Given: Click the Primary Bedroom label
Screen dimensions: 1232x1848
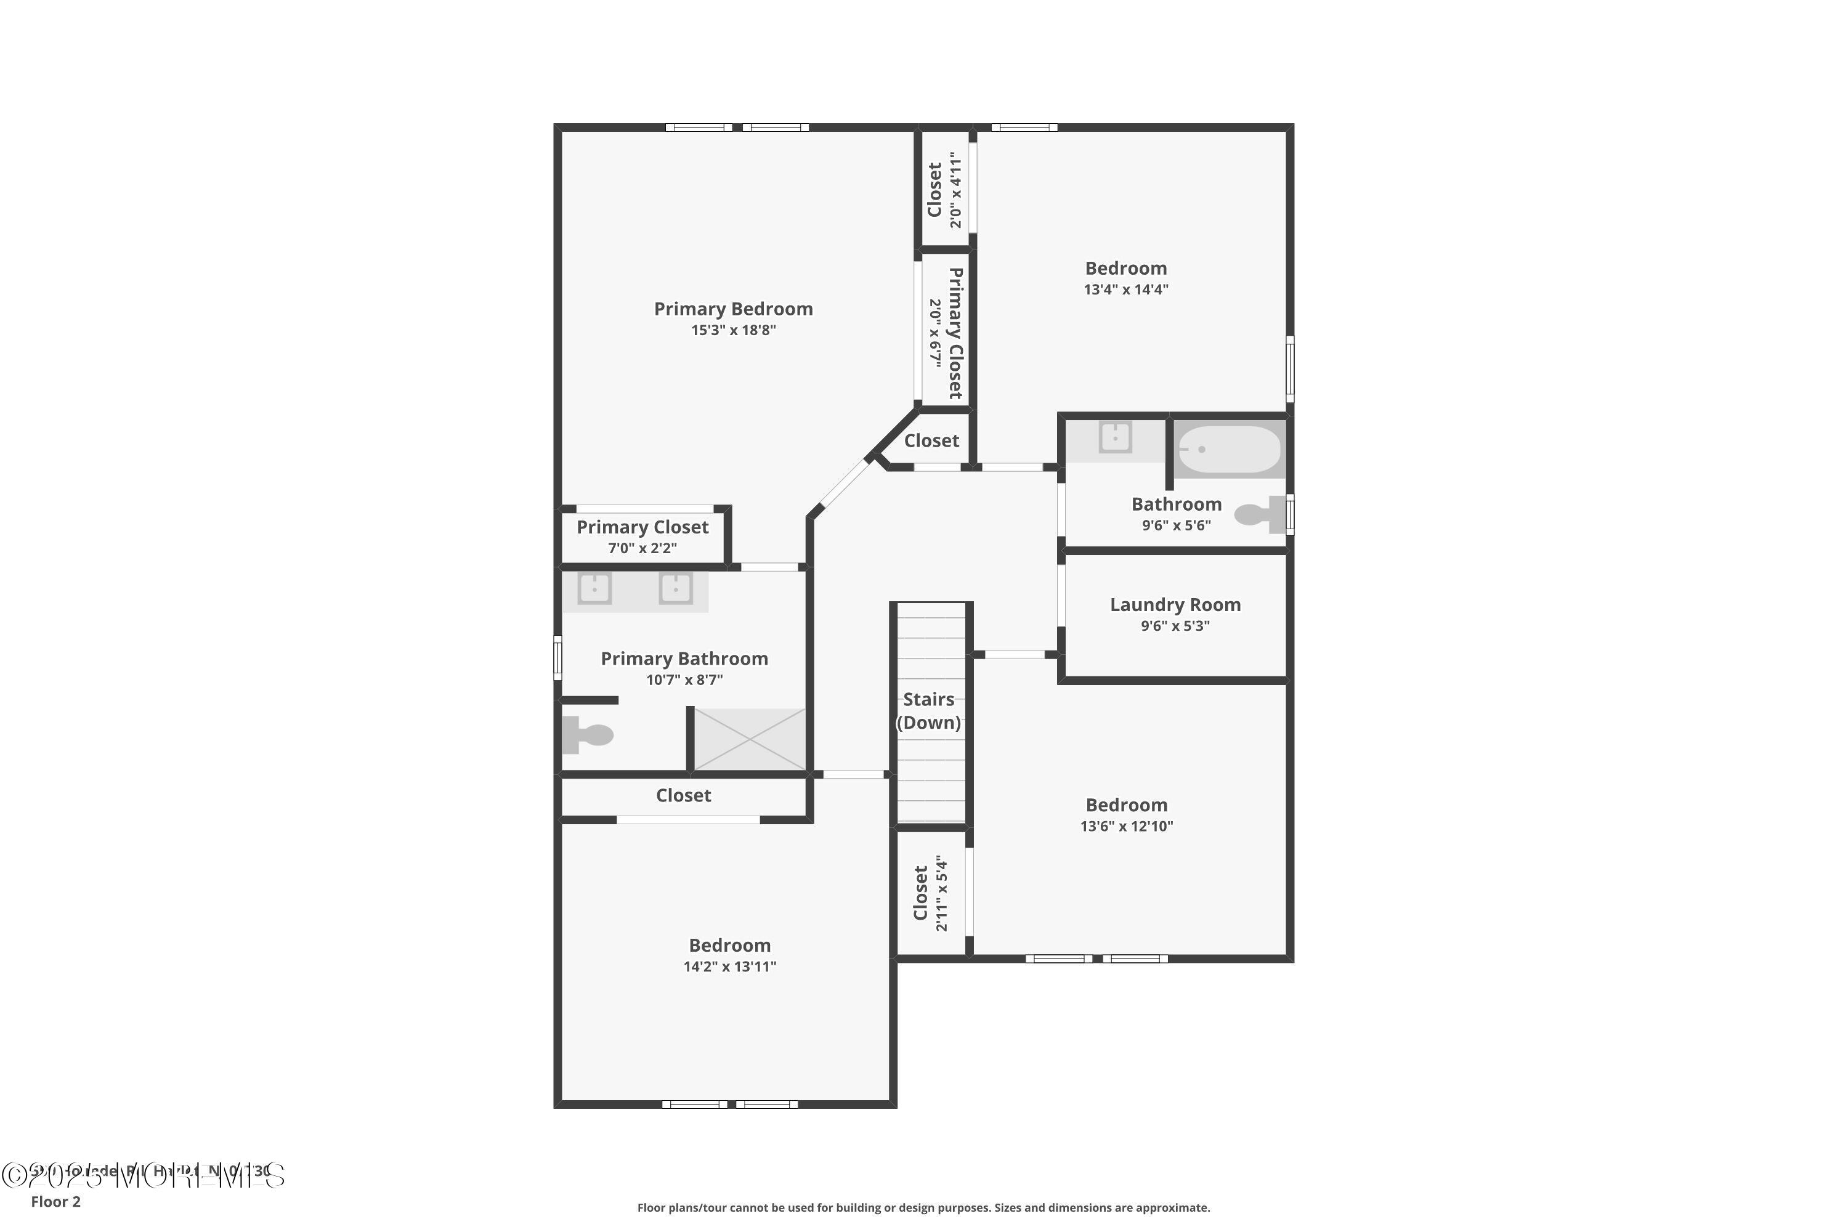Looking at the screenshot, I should (x=733, y=309).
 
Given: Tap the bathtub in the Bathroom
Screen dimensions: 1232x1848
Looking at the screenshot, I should (x=1229, y=450).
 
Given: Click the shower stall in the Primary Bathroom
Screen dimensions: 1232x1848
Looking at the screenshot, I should (x=750, y=739).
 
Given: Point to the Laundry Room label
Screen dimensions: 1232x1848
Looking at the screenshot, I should (x=1175, y=604).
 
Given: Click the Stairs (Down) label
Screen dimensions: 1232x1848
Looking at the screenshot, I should (x=929, y=710).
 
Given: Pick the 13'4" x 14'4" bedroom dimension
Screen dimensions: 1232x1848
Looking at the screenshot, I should (x=1125, y=289).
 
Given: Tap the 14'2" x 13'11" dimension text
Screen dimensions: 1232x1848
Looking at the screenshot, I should (x=729, y=967).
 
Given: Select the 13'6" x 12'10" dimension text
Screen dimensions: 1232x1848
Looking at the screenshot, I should (x=1126, y=826).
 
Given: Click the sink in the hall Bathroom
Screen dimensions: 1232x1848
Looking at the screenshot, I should (x=1115, y=437).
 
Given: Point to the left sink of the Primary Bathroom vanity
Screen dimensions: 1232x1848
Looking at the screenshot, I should (x=595, y=588).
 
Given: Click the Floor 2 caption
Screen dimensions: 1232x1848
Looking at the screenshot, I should (x=56, y=1201).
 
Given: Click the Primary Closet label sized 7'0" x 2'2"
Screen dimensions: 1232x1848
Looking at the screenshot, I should (x=642, y=527).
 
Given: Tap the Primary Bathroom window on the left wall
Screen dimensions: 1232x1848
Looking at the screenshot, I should (x=558, y=658).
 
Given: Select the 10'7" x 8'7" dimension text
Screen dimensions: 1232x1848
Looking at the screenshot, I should (x=684, y=679).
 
